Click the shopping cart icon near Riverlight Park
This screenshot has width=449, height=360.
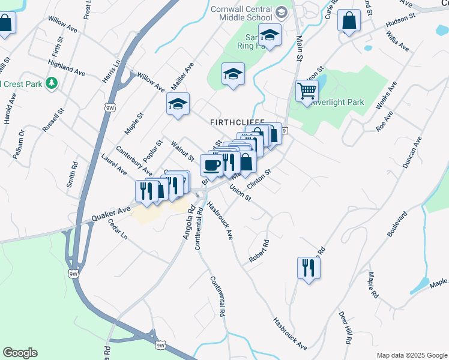pyautogui.click(x=307, y=91)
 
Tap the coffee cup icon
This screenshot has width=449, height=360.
pyautogui.click(x=211, y=164)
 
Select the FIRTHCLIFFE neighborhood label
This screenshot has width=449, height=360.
pyautogui.click(x=237, y=122)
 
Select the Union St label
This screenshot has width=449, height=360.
pyautogui.click(x=240, y=193)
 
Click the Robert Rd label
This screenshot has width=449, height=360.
pyautogui.click(x=260, y=253)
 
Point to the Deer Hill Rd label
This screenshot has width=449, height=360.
pyautogui.click(x=345, y=328)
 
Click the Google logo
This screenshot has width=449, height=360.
pyautogui.click(x=20, y=353)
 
